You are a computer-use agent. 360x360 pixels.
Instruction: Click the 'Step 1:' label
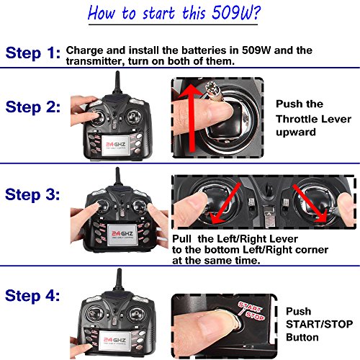click(x=33, y=53)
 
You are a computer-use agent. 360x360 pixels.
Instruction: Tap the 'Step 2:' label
click(x=33, y=107)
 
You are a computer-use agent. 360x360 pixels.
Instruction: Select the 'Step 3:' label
click(x=32, y=194)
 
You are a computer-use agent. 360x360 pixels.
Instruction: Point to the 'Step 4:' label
click(x=32, y=296)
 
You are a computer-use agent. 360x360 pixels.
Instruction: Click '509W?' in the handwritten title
click(x=236, y=13)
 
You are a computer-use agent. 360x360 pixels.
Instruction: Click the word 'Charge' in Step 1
click(x=84, y=51)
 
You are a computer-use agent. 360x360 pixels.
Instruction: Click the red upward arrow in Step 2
click(x=192, y=117)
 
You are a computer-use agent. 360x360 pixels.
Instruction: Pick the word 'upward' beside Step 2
click(x=296, y=132)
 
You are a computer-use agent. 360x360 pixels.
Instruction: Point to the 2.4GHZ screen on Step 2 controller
click(x=116, y=145)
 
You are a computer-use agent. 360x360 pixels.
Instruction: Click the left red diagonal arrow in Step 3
click(x=225, y=203)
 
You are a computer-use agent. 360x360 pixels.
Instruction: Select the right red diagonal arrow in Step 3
click(x=310, y=203)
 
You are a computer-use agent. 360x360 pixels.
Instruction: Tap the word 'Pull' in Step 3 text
click(x=181, y=239)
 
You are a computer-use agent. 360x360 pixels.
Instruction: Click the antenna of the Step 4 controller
click(x=119, y=280)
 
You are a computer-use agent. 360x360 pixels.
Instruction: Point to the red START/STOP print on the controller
click(x=251, y=311)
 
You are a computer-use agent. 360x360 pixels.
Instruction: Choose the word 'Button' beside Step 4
click(x=302, y=338)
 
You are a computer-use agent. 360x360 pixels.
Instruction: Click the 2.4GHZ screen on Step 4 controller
click(x=114, y=341)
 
